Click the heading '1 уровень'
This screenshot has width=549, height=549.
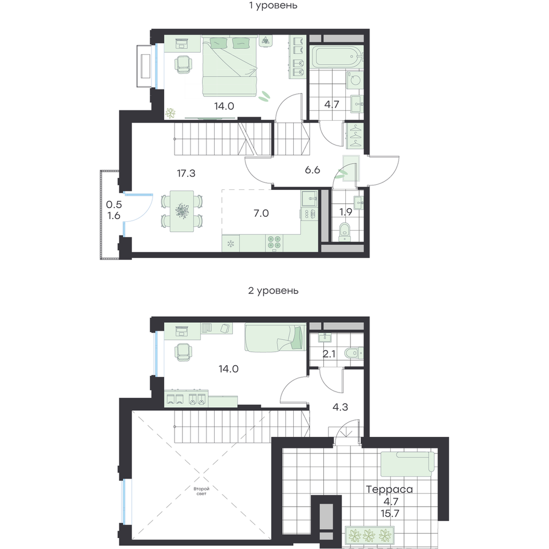(x=273, y=5)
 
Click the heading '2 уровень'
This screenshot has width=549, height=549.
(x=273, y=290)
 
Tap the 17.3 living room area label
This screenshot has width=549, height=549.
(x=186, y=173)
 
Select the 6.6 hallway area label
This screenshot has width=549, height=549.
(x=312, y=170)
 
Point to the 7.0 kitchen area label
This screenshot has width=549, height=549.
(x=261, y=213)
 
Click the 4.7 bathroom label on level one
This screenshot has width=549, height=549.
(x=331, y=104)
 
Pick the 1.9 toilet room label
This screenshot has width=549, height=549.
(x=345, y=212)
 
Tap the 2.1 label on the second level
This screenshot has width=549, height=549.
(x=329, y=354)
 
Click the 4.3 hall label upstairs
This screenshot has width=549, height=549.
(x=340, y=407)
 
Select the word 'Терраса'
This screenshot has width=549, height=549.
(x=389, y=489)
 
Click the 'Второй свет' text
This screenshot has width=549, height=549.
(x=201, y=491)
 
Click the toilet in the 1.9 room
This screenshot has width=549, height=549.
(x=345, y=232)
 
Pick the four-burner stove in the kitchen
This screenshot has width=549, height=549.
(x=274, y=243)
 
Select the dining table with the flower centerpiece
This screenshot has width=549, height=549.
(x=182, y=211)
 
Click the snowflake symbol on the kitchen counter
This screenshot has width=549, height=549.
(x=231, y=243)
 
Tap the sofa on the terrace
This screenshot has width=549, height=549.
(x=407, y=464)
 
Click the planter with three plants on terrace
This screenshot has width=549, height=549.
(x=369, y=535)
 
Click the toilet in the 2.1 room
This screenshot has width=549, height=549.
(x=354, y=353)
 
